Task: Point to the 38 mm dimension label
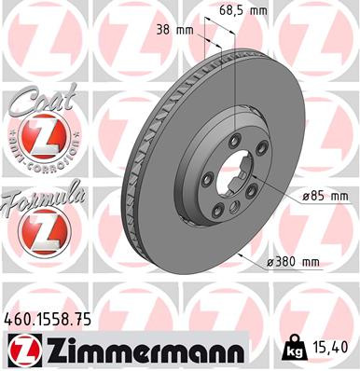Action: (176, 30)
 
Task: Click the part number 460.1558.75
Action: (52, 319)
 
